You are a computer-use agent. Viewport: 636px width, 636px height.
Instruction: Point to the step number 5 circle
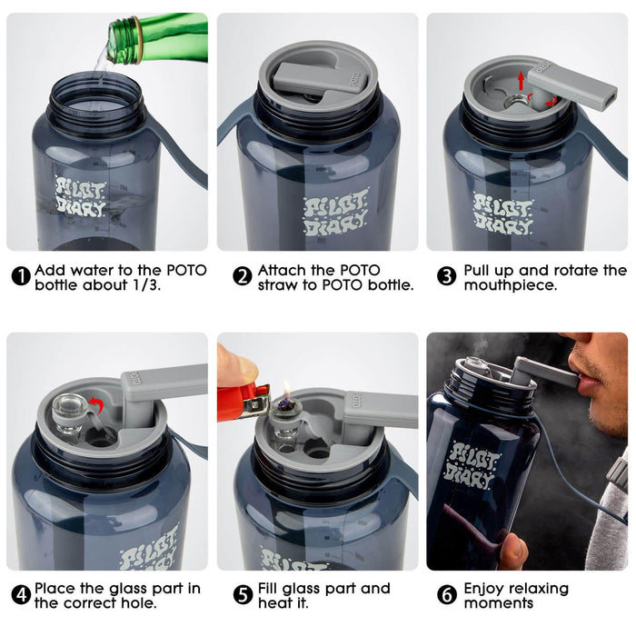pyautogui.click(x=243, y=595)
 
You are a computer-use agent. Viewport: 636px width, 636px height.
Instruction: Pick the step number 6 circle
pyautogui.click(x=446, y=595)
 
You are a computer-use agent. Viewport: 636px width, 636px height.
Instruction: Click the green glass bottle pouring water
pyautogui.click(x=154, y=35)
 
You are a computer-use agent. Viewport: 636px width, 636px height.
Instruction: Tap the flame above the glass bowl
pyautogui.click(x=285, y=389)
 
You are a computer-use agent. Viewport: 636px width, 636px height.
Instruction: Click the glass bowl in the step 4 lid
pyautogui.click(x=70, y=413)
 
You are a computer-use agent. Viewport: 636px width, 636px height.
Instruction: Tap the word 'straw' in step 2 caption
pyautogui.click(x=279, y=285)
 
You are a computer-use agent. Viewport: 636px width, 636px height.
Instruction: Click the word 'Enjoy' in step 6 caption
pyautogui.click(x=485, y=589)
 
